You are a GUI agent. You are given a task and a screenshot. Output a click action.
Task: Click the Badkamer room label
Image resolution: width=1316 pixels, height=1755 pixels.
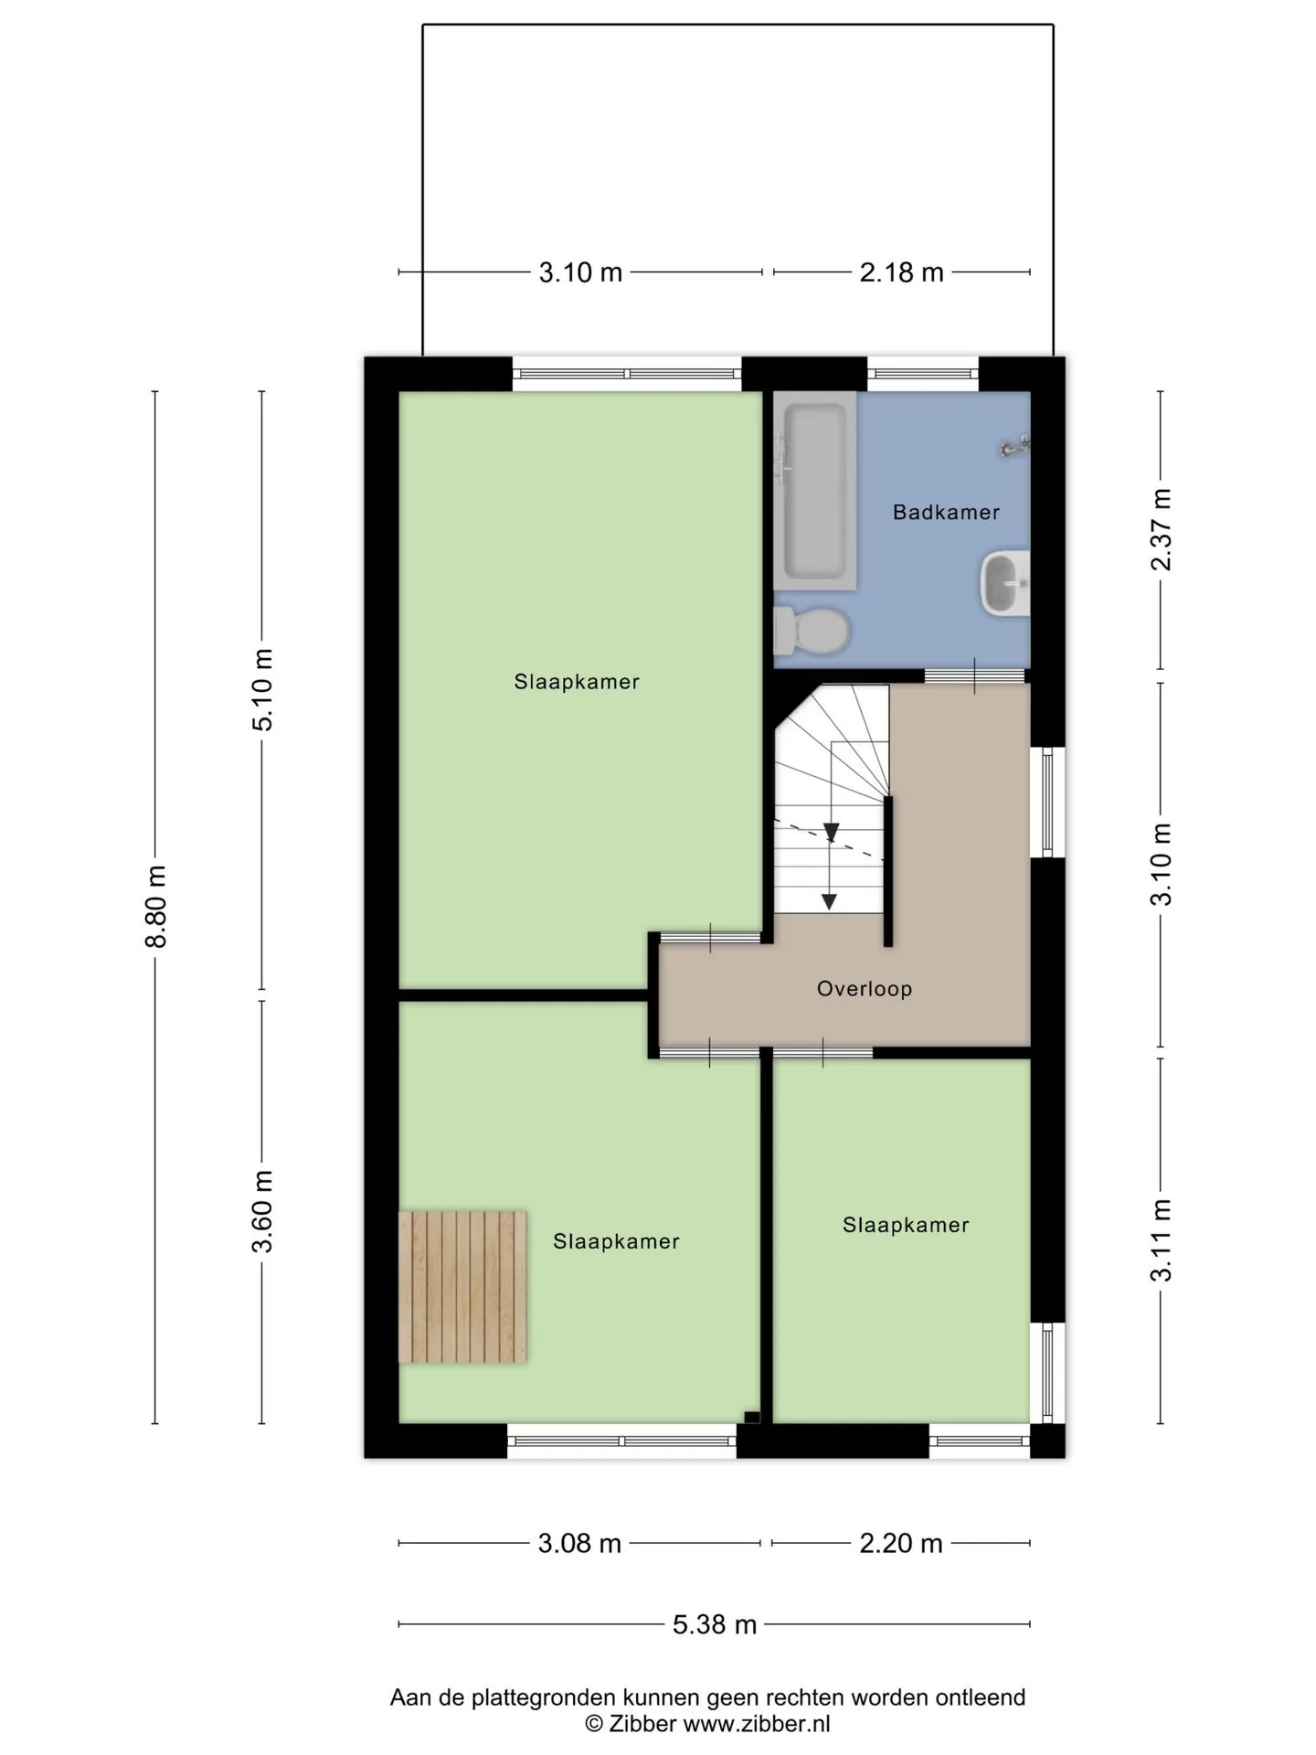tap(946, 512)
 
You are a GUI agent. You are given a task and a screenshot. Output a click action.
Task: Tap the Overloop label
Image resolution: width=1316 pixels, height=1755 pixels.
tap(865, 989)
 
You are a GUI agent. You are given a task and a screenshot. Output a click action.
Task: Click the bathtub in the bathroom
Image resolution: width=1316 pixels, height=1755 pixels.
tap(815, 491)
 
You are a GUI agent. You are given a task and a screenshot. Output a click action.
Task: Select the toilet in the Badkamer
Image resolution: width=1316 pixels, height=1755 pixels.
tap(812, 632)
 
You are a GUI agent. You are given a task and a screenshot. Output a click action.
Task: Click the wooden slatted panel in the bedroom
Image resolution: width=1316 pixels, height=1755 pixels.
tap(462, 1287)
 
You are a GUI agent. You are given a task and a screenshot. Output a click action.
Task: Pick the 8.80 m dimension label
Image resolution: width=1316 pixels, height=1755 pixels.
tap(157, 907)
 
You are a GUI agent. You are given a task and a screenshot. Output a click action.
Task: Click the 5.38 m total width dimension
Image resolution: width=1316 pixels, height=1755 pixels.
tap(715, 1624)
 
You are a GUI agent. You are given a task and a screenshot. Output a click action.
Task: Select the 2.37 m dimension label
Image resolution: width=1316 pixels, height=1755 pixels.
tap(1161, 530)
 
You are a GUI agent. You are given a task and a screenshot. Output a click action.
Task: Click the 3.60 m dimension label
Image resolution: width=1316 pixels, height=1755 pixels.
tap(263, 1211)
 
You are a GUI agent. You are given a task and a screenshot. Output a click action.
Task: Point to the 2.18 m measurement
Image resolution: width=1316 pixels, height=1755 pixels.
tap(901, 272)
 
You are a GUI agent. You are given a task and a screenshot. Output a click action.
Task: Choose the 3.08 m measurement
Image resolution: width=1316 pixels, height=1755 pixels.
tap(579, 1544)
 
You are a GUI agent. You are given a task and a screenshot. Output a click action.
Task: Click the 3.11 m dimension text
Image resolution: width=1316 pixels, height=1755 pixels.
tap(1161, 1240)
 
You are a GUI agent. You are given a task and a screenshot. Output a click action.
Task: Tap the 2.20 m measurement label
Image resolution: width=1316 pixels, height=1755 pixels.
tap(901, 1544)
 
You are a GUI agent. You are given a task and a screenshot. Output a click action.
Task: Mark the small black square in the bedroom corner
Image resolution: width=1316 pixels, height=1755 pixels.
tap(752, 1417)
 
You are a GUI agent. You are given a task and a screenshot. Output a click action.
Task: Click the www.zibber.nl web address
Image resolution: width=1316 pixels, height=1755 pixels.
tap(757, 1724)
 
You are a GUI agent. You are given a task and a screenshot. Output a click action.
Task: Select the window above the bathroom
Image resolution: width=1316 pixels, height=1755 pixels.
tap(923, 374)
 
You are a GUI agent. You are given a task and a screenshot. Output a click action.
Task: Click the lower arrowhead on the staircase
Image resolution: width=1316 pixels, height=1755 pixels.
tap(829, 901)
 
